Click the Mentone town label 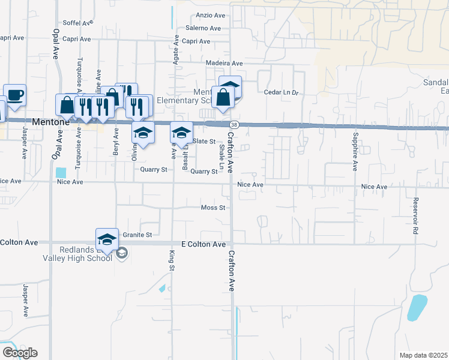pos(50,121)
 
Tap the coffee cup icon pos(14,95)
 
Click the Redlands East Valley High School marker pos(106,239)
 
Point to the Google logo pos(20,353)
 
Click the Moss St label pos(213,208)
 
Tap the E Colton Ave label pos(203,245)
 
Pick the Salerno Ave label pos(205,28)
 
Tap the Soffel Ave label pos(78,23)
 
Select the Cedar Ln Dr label pos(282,92)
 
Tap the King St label pos(171,260)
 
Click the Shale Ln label pos(221,156)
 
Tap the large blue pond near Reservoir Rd pos(417,307)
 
